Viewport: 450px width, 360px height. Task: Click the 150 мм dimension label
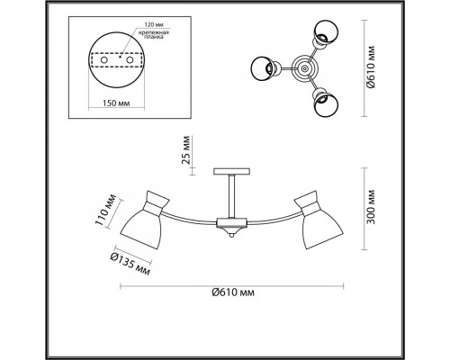116,103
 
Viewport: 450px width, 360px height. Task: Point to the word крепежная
154,32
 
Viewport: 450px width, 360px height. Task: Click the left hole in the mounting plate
104,60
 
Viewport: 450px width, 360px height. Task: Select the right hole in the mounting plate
130,60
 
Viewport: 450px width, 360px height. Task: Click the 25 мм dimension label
186,150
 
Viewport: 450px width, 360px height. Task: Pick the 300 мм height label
372,207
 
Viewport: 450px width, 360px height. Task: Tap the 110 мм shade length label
105,210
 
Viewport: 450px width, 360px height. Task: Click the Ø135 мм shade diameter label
130,264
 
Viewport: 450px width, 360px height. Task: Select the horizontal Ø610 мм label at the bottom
233,292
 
